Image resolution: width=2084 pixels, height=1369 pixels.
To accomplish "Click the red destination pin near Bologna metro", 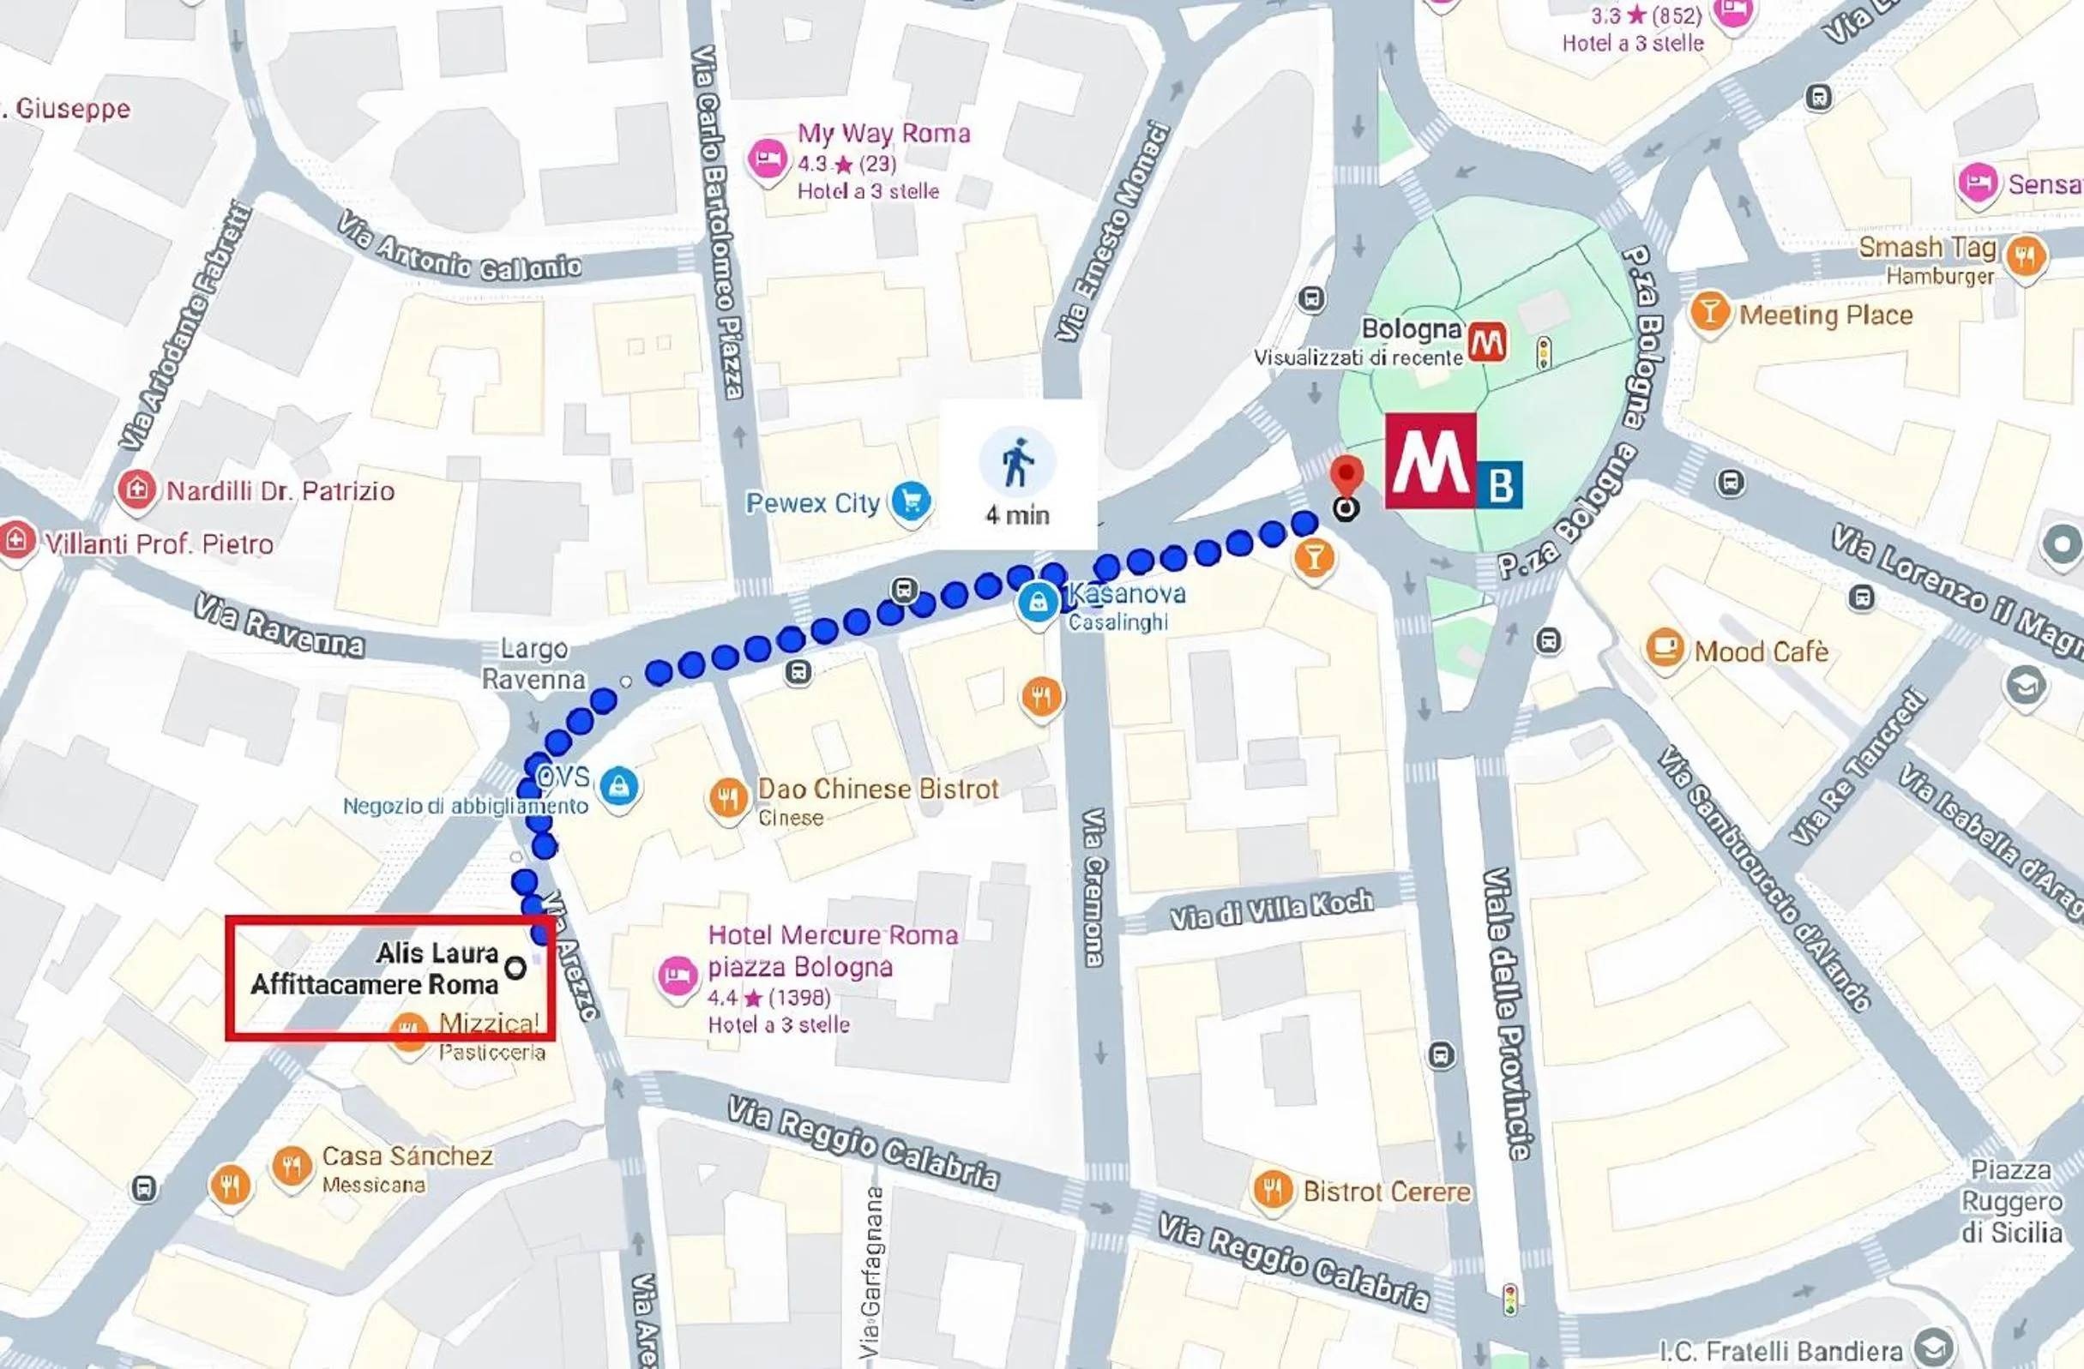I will click(1346, 476).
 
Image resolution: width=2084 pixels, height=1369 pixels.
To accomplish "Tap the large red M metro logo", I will click(1430, 461).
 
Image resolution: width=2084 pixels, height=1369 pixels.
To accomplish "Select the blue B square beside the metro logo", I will click(1500, 484).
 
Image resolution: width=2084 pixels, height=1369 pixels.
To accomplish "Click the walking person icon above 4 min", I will click(1016, 461).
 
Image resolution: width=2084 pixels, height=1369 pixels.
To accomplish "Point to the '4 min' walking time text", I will click(1016, 514).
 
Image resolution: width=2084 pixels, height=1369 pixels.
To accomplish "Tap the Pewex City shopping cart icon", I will click(911, 502).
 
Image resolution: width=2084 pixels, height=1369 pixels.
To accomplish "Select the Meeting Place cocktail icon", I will click(1708, 313).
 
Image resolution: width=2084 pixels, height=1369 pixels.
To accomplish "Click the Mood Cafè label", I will click(1761, 651).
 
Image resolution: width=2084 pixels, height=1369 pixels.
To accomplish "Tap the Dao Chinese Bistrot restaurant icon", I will click(726, 797).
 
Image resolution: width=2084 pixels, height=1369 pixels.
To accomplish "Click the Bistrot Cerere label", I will click(1386, 1192).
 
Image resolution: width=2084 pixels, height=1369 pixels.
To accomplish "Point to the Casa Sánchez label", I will click(407, 1156).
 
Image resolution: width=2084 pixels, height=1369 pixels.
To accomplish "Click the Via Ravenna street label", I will click(279, 627).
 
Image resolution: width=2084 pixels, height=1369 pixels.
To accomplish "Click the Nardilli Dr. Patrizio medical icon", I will click(136, 489).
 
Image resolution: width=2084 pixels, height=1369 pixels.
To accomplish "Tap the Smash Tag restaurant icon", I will click(2026, 256).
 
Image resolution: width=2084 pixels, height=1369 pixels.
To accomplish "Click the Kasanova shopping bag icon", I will click(1039, 603).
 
